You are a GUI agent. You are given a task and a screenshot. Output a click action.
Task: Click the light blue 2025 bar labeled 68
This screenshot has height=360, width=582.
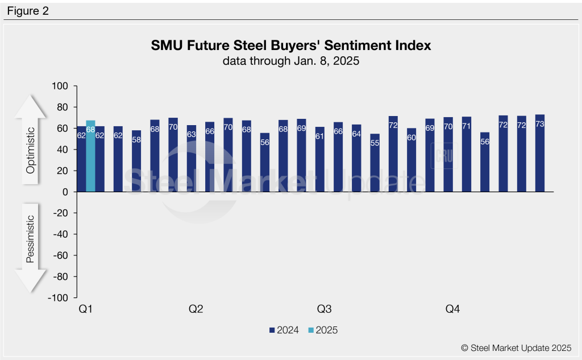(90, 156)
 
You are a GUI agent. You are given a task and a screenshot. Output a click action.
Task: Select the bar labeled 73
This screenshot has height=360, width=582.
(540, 154)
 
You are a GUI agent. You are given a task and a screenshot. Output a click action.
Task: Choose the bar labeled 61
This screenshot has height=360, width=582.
(320, 160)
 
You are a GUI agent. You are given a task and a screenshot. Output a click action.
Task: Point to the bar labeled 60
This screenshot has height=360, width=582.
(411, 160)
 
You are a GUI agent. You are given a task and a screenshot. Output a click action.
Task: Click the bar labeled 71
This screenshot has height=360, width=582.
(467, 155)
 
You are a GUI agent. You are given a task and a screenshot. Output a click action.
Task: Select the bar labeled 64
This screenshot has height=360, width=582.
(356, 159)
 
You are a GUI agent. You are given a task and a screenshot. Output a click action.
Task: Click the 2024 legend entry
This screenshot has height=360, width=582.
(284, 330)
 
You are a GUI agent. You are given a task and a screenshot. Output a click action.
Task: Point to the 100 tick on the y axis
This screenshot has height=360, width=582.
(60, 86)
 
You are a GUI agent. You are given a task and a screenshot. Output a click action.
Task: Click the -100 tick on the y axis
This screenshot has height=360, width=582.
(59, 298)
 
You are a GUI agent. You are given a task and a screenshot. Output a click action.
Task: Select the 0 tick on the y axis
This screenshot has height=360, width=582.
(64, 192)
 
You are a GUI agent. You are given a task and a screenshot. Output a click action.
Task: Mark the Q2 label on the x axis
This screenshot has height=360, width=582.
(196, 309)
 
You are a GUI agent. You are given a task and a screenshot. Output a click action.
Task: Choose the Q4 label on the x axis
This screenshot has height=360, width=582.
(452, 309)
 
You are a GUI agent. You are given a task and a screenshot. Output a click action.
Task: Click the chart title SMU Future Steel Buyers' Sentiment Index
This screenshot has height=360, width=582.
(291, 45)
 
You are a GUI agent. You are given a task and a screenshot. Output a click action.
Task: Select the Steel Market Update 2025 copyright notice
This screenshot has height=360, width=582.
(516, 347)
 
